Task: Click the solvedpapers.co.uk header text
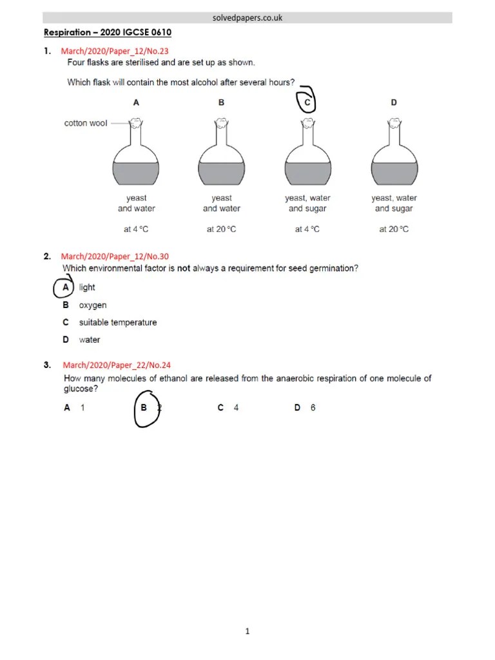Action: (x=247, y=18)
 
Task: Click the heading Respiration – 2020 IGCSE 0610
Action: (x=107, y=32)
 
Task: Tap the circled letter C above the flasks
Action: (x=307, y=101)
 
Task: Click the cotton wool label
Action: (x=86, y=123)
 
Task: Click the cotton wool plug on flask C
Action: (x=307, y=122)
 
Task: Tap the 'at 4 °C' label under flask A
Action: (x=136, y=229)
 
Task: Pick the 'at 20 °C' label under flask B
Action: (x=221, y=229)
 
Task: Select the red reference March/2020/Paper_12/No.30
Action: (x=115, y=257)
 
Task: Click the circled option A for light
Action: (x=66, y=287)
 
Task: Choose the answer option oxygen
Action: (x=92, y=305)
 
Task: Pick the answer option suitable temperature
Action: (x=117, y=322)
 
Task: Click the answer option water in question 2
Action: (x=89, y=340)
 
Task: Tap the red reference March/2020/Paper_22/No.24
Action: (x=116, y=365)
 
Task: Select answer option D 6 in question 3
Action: (x=305, y=408)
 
